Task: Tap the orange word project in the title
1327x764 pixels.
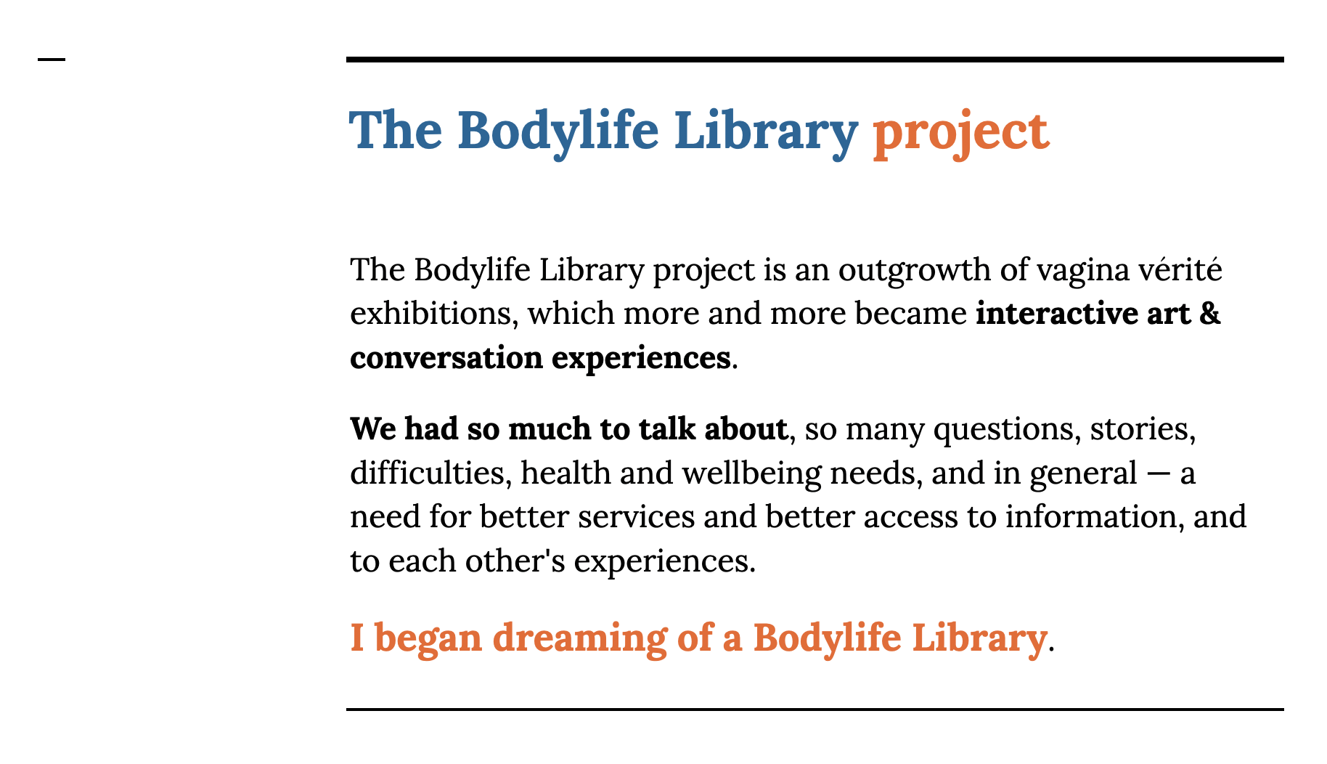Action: pyautogui.click(x=960, y=133)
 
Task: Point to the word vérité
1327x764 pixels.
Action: pyautogui.click(x=1181, y=269)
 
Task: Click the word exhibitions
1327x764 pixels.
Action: pyautogui.click(x=433, y=314)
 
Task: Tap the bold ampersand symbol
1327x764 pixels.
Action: pyautogui.click(x=1209, y=314)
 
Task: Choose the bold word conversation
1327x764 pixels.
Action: pyautogui.click(x=446, y=358)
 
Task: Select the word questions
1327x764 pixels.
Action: pyautogui.click(x=1003, y=431)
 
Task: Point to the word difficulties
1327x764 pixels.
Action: pyautogui.click(x=430, y=474)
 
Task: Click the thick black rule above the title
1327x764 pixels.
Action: pyautogui.click(x=814, y=60)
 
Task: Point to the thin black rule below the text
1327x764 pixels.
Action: pyautogui.click(x=814, y=709)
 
